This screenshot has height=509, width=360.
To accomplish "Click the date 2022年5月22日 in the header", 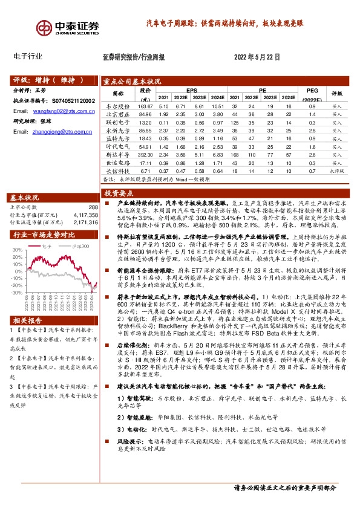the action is (257, 57).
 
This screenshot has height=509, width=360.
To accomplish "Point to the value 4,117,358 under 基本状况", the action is (85, 215).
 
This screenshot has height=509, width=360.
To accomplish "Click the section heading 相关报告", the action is (27, 319).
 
